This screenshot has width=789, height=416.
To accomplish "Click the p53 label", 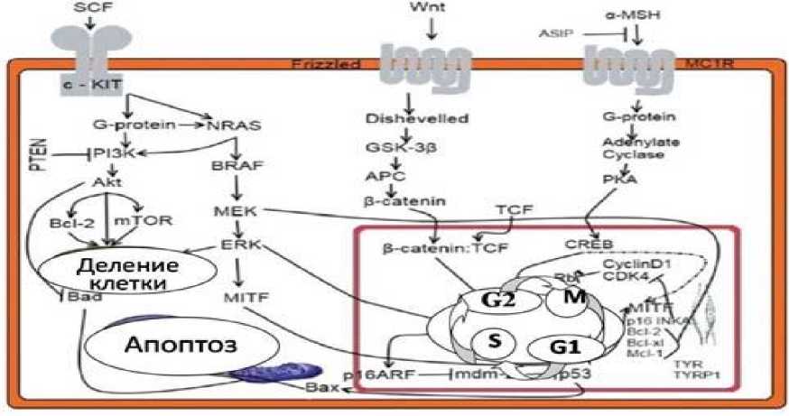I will pos(575,374).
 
